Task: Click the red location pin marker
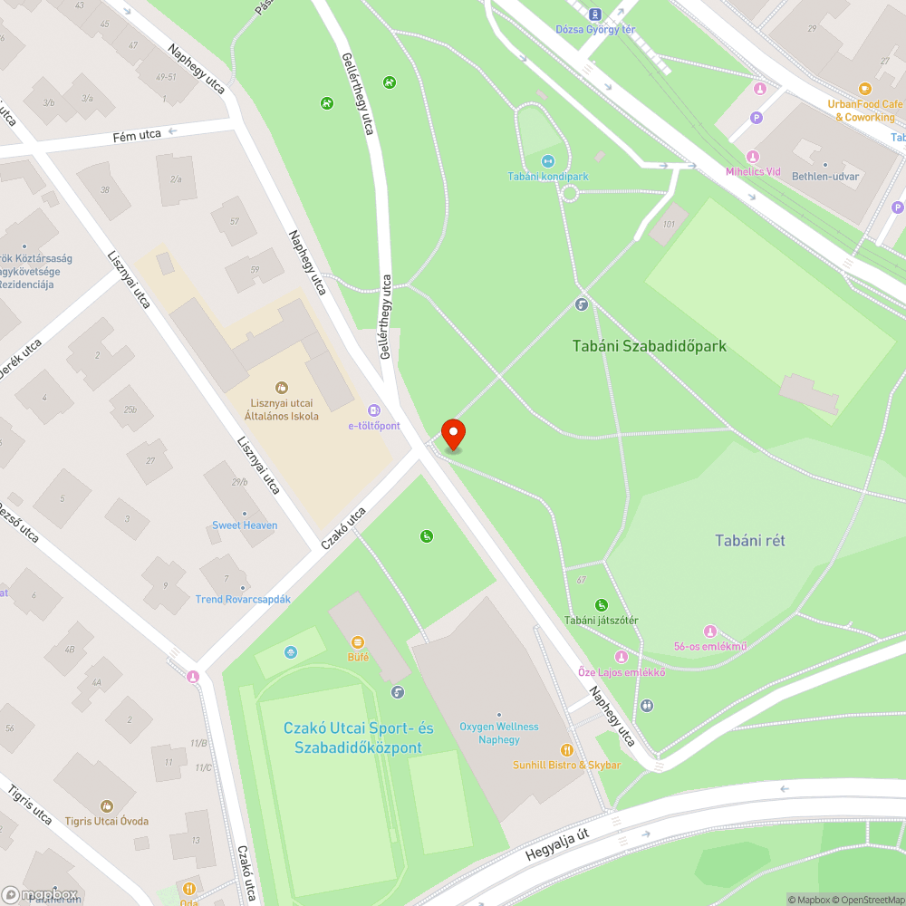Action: (452, 434)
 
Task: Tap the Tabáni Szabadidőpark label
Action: (649, 346)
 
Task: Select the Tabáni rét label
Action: (750, 541)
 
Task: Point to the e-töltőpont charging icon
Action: (373, 410)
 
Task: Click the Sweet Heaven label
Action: (245, 525)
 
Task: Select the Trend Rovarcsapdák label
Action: (243, 600)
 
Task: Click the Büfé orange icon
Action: (358, 641)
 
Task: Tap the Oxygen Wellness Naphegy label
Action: (498, 733)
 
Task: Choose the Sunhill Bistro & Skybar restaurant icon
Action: (567, 749)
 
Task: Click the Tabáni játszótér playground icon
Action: (601, 605)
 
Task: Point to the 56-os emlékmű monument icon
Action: (710, 631)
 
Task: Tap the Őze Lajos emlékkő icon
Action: (621, 657)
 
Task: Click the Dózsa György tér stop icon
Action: (595, 14)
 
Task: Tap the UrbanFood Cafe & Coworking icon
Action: (865, 89)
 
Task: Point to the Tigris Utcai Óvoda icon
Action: (107, 805)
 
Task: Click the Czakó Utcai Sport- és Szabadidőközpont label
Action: (358, 737)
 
